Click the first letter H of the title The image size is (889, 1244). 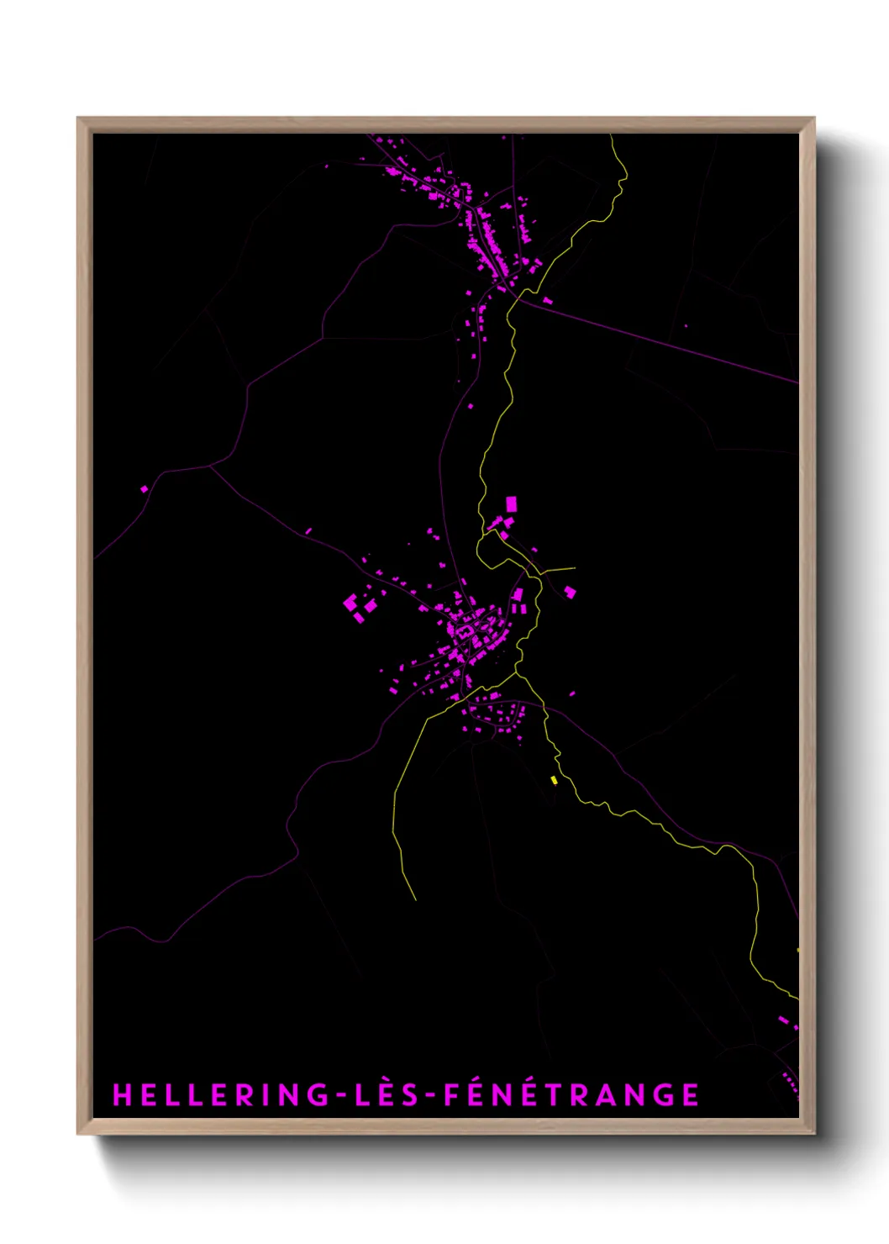[121, 1094]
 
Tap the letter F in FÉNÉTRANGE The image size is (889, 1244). [451, 1094]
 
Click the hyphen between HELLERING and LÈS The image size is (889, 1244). [343, 1095]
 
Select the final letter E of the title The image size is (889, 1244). [691, 1094]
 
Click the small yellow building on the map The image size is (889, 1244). [554, 781]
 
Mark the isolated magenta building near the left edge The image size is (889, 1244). [144, 488]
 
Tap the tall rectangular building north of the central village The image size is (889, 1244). [511, 504]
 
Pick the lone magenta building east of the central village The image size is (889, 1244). [570, 592]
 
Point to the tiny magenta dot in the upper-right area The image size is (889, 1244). [686, 325]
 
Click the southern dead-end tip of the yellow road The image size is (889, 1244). [415, 899]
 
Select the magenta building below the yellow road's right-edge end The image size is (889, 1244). [783, 1020]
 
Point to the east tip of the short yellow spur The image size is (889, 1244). [575, 568]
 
